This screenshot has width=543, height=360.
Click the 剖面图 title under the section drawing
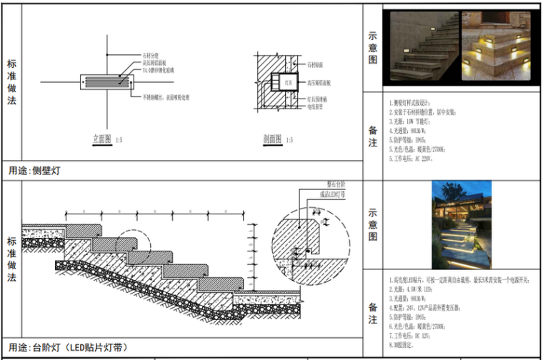click(272, 139)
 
